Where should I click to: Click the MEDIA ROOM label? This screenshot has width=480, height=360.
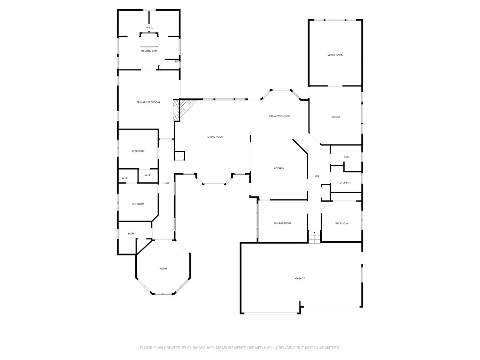(335, 55)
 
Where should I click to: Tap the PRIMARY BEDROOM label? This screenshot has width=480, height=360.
(148, 102)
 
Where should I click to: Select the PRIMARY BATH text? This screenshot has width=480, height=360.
(149, 51)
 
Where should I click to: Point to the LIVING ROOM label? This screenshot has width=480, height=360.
(215, 137)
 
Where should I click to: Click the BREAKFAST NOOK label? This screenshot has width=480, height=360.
(279, 116)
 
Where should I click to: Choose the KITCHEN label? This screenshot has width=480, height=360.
(279, 168)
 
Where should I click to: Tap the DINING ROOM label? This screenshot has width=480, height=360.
(283, 223)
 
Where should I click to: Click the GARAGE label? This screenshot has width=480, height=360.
(300, 278)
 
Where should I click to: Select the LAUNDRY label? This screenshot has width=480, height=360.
(345, 182)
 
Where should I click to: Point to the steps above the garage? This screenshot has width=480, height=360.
(314, 237)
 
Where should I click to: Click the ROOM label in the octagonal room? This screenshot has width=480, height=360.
(163, 268)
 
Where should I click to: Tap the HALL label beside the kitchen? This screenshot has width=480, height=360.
(316, 176)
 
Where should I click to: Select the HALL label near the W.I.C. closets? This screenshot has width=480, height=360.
(166, 183)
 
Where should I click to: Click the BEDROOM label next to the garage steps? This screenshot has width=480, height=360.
(341, 223)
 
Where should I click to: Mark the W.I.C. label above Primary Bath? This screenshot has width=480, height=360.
(149, 28)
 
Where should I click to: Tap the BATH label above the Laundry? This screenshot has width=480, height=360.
(347, 157)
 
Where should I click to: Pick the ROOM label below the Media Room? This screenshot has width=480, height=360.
(336, 117)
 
